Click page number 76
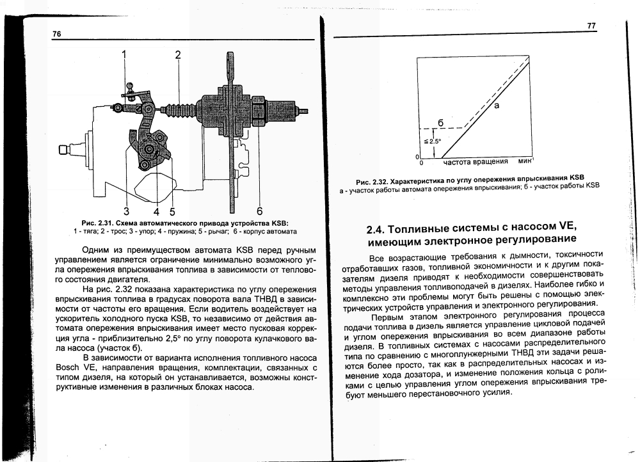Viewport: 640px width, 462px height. [x=56, y=34]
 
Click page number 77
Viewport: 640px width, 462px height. [x=591, y=26]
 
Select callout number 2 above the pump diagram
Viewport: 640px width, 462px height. [x=178, y=54]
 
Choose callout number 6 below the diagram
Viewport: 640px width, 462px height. [x=259, y=211]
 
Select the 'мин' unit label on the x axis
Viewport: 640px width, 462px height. [x=518, y=161]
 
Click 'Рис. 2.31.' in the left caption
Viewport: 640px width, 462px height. [x=92, y=222]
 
